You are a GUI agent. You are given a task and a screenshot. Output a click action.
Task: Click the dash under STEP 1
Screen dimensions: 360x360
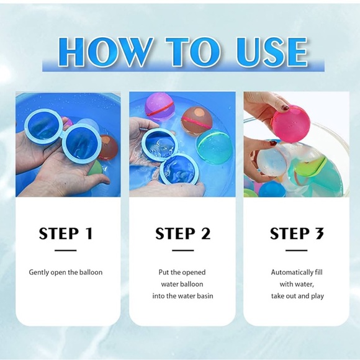[66, 251]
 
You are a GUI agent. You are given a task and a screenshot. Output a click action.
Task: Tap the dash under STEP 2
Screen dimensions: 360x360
[182, 251]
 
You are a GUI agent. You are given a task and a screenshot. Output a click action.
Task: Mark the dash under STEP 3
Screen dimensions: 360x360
[297, 251]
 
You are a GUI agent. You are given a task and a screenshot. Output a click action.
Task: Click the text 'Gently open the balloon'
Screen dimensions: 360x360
[66, 272]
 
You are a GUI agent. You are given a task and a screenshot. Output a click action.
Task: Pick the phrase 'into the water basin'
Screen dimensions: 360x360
[182, 296]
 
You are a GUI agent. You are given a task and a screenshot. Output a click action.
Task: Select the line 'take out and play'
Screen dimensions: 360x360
[297, 296]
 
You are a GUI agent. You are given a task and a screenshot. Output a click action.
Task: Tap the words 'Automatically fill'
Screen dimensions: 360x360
[297, 272]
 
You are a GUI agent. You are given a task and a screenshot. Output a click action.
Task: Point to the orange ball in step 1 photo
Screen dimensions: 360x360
[108, 148]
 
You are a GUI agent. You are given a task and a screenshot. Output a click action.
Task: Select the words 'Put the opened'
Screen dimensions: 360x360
[182, 272]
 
